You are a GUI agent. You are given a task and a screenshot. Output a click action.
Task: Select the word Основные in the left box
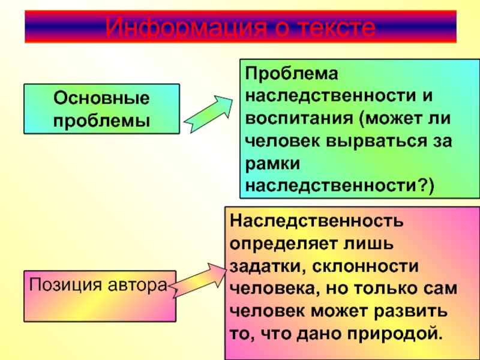[100, 97]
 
